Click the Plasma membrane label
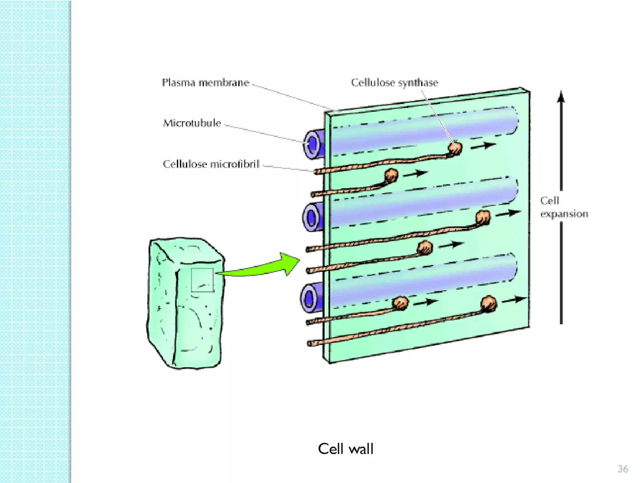pyautogui.click(x=205, y=82)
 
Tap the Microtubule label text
pyautogui.click(x=192, y=123)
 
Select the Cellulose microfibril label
pyautogui.click(x=211, y=164)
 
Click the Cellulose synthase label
pyautogui.click(x=394, y=82)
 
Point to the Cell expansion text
pyautogui.click(x=563, y=207)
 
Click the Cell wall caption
pyautogui.click(x=345, y=449)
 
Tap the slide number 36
pyautogui.click(x=623, y=469)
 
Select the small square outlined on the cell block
pyautogui.click(x=202, y=280)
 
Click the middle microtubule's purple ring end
pyautogui.click(x=312, y=217)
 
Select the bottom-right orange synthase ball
pyautogui.click(x=488, y=303)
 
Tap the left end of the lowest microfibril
pyautogui.click(x=310, y=344)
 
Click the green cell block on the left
pyautogui.click(x=186, y=303)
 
